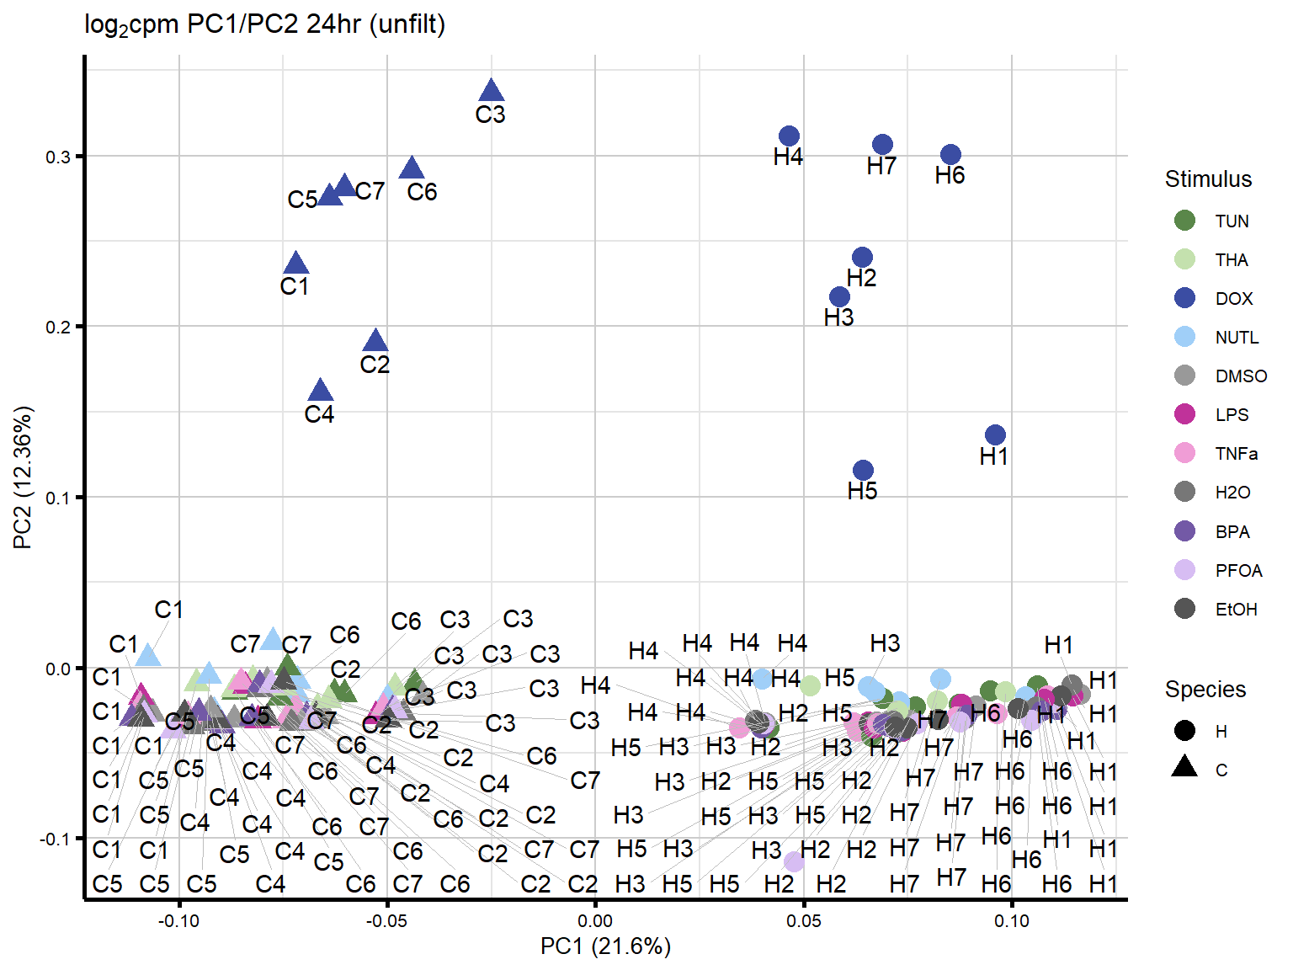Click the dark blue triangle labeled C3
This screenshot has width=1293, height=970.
coord(491,92)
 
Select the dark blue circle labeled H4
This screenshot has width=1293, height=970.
coord(789,136)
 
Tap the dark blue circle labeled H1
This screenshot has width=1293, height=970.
coord(995,435)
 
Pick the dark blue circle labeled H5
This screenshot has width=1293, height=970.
coord(863,470)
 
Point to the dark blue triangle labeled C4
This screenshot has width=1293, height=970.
coord(320,391)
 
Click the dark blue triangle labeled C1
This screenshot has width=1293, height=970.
coord(295,264)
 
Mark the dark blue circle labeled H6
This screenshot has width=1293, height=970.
coord(950,155)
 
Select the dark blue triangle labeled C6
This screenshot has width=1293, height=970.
coord(412,168)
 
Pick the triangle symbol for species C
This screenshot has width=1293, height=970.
coord(1184,767)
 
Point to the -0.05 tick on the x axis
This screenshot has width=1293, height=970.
coord(387,921)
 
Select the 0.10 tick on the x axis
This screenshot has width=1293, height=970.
coord(1012,921)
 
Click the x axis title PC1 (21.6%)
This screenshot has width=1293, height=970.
coord(605,947)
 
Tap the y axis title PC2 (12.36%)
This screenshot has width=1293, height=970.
coord(23,477)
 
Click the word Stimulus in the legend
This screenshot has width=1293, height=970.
coord(1208,179)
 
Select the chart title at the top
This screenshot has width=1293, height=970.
coord(264,24)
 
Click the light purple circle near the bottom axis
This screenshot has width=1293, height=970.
coord(794,861)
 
